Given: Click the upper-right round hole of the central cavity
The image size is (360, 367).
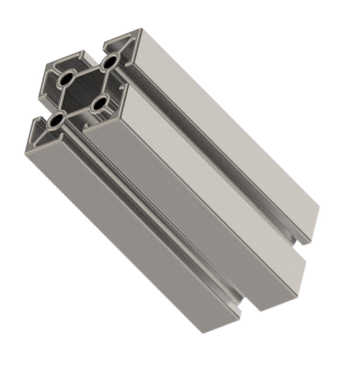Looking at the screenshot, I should (x=110, y=62).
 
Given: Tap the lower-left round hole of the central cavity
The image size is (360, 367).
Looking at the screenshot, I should (x=56, y=120).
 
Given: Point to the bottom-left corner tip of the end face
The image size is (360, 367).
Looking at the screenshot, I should (x=26, y=153).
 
